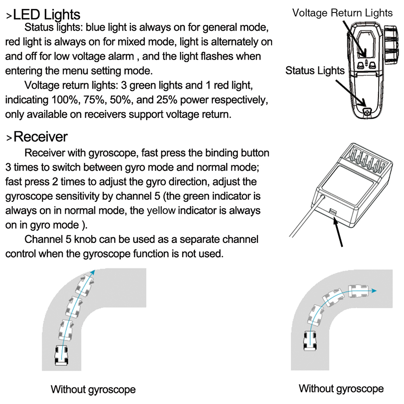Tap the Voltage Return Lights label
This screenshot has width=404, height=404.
342,13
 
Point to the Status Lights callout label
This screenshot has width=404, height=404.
315,71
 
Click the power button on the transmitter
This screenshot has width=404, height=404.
367,112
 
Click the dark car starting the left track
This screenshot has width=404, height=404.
61,356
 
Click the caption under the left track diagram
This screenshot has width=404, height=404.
93,390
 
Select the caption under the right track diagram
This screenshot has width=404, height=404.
341,389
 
